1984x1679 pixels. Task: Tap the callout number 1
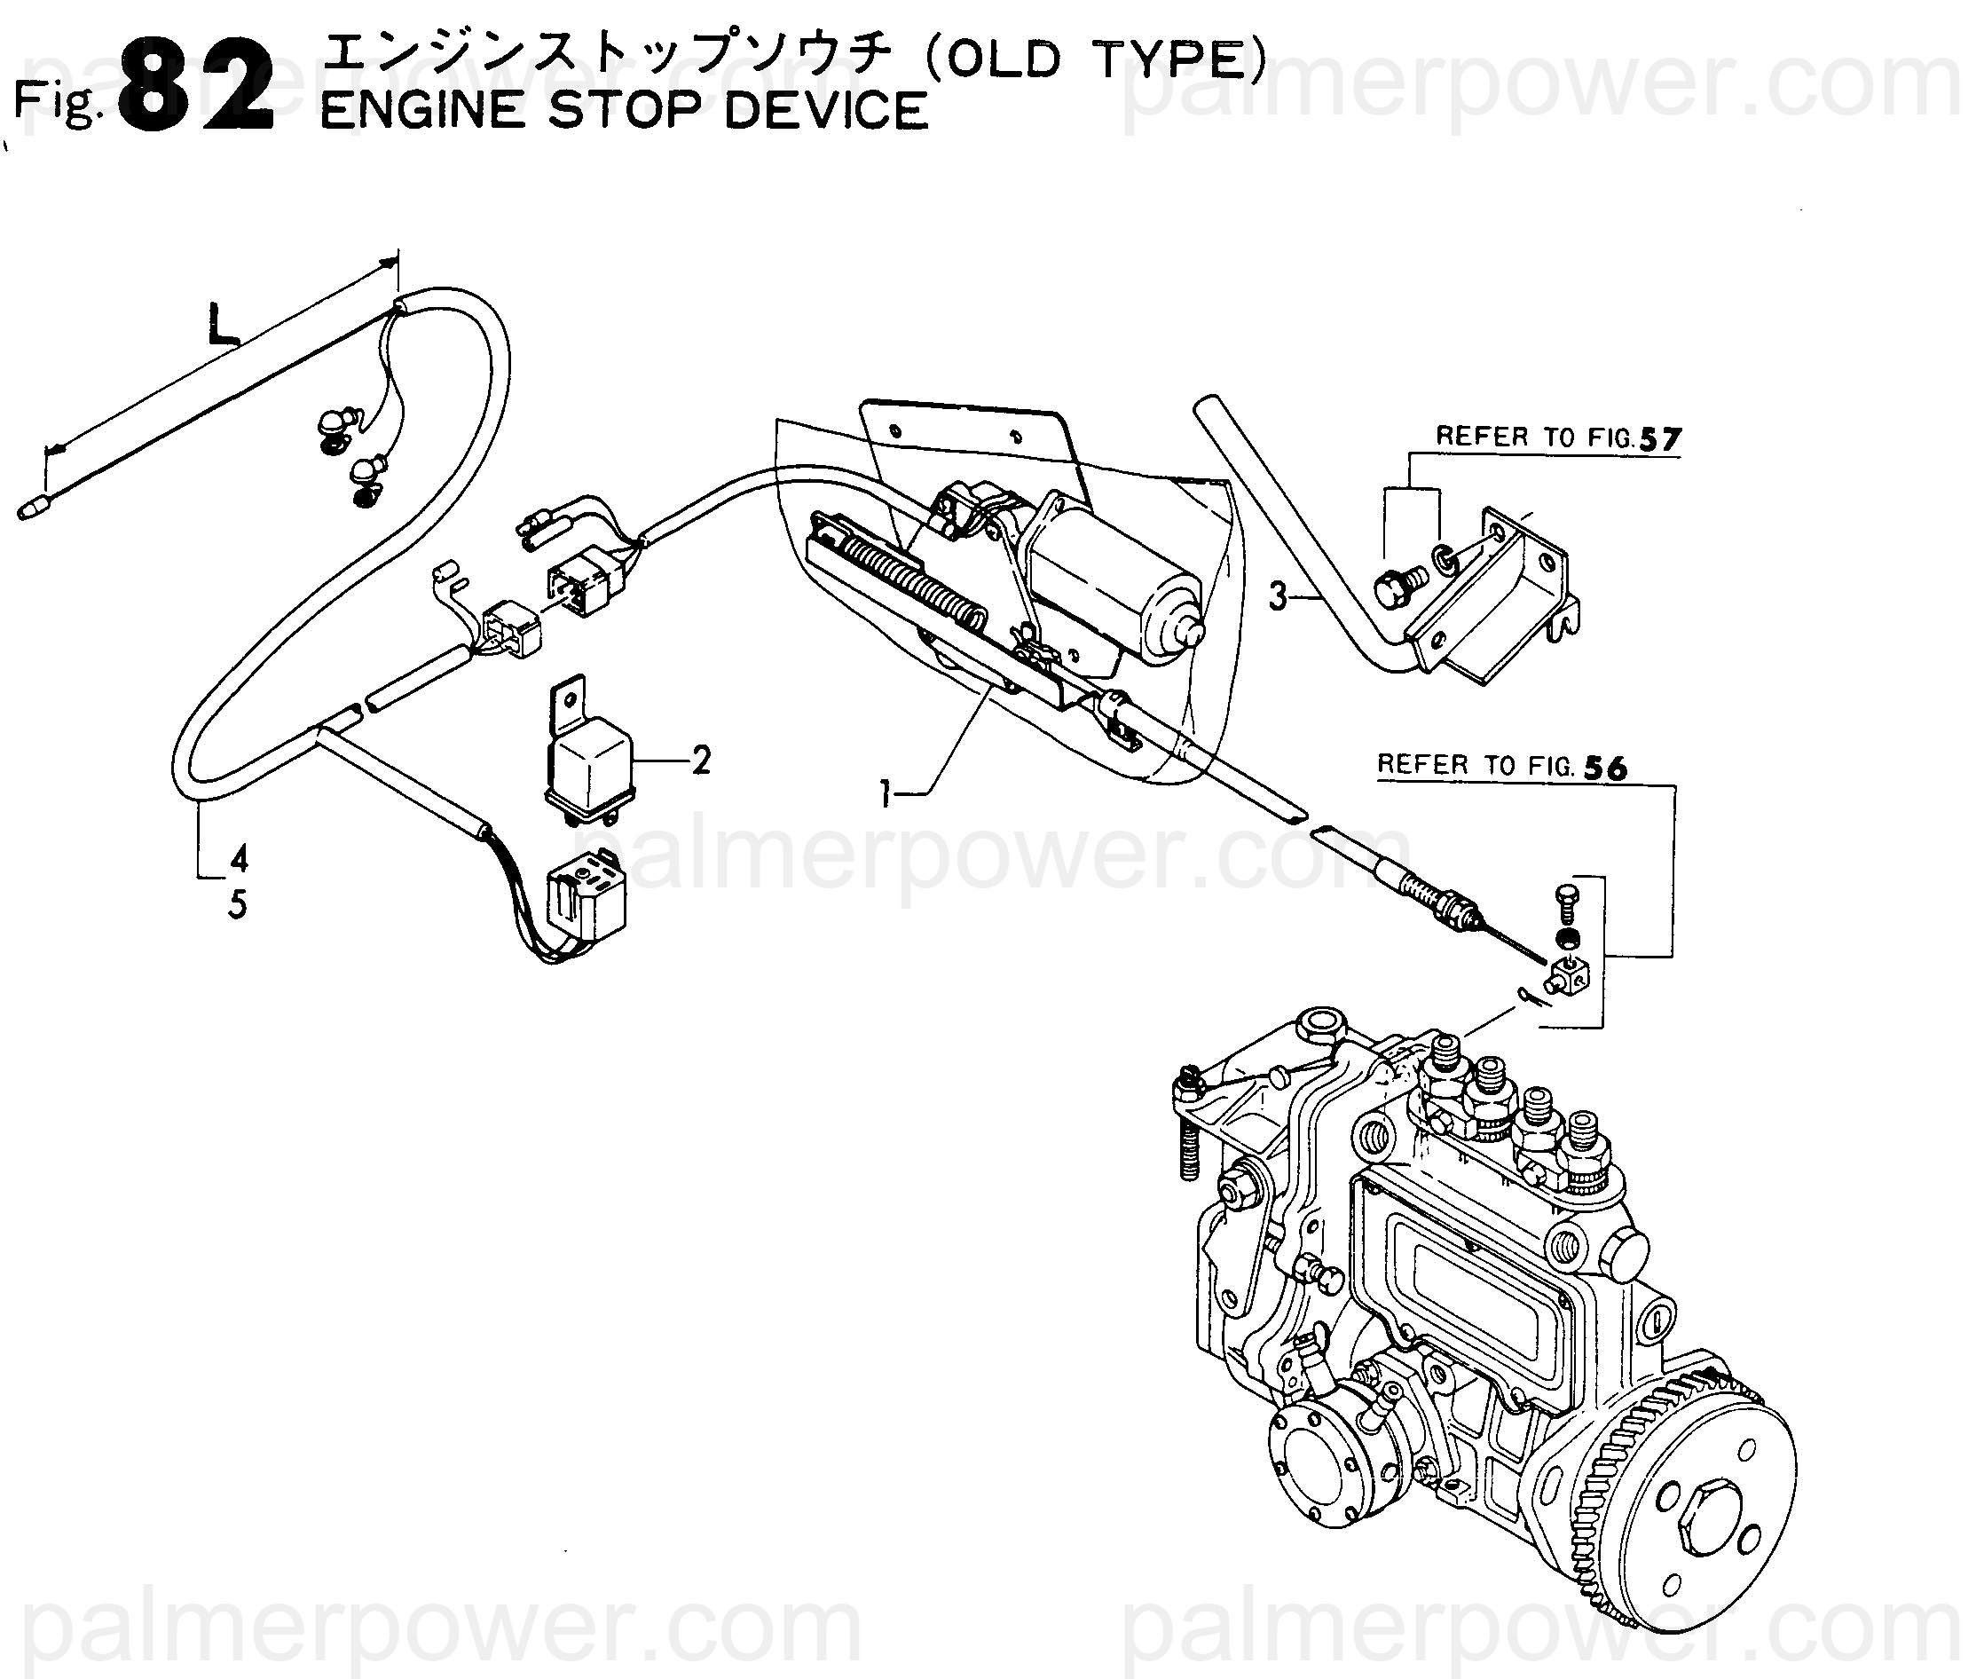(886, 792)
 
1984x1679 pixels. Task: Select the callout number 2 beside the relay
(701, 760)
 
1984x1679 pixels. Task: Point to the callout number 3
(1278, 595)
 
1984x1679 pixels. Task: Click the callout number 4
(239, 857)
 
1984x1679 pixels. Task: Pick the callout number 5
(237, 904)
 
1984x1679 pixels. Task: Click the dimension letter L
(222, 326)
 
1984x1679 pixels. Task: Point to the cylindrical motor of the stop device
(1114, 581)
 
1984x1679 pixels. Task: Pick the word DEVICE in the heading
(826, 110)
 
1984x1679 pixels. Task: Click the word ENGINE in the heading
(422, 110)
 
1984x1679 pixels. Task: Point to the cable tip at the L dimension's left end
(32, 509)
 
